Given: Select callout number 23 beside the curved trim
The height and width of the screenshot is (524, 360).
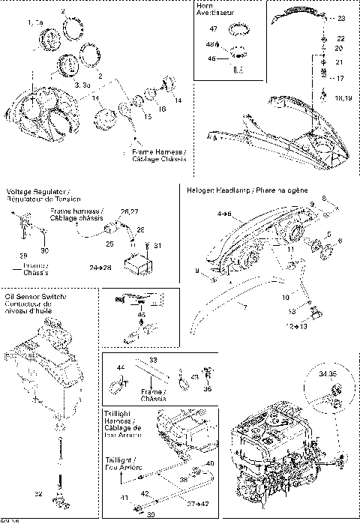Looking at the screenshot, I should (x=341, y=18).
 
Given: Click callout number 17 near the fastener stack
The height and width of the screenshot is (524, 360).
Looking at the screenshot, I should (x=340, y=77).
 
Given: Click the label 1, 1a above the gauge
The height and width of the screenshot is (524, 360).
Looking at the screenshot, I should (x=34, y=24).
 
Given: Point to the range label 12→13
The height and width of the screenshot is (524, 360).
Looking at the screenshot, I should (x=287, y=326).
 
